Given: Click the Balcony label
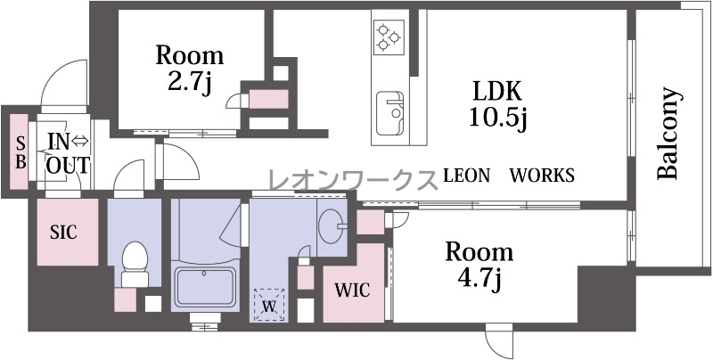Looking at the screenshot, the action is [x=670, y=133].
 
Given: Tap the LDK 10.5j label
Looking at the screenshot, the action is [x=497, y=105].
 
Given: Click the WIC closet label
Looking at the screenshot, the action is [x=352, y=290].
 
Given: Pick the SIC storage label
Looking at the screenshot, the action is [x=63, y=233].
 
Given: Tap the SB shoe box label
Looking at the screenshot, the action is [x=20, y=152].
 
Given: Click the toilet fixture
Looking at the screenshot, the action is [x=135, y=264].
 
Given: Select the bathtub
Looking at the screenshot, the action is [x=206, y=287].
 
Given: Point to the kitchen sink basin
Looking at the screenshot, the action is [x=389, y=113].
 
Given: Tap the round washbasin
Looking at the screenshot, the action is [x=330, y=225].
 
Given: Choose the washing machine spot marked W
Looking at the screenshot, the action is [x=269, y=306].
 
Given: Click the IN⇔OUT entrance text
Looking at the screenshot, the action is [x=68, y=153].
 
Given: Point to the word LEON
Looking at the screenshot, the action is [x=466, y=176].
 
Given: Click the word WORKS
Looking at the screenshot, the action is [x=542, y=176].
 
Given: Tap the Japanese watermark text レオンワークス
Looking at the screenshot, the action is [x=352, y=180].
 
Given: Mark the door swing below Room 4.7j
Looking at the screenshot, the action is [x=499, y=341].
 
